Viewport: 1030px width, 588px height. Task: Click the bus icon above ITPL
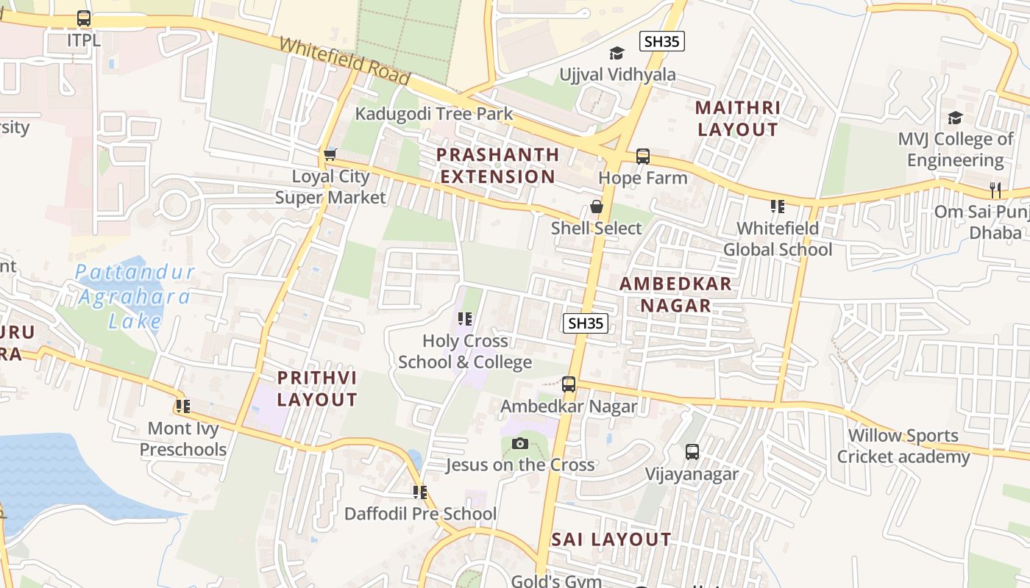(84, 18)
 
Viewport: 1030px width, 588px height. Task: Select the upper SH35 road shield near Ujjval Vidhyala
(661, 41)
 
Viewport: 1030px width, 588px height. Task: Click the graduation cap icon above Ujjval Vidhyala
(617, 53)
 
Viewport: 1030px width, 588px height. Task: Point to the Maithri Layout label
(737, 118)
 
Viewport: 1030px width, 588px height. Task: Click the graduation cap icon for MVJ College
(955, 118)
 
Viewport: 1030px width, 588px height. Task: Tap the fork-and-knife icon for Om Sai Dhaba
(995, 190)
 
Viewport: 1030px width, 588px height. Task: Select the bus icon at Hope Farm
(642, 156)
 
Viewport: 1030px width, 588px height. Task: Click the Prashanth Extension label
(498, 165)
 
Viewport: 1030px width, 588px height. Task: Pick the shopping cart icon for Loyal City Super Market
(330, 154)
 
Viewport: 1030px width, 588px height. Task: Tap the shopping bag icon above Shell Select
(596, 207)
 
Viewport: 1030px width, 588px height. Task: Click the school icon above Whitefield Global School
(777, 207)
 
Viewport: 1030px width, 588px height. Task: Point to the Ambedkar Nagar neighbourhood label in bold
(675, 294)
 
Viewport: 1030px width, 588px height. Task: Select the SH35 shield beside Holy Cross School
(586, 323)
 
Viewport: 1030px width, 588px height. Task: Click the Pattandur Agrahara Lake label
(135, 296)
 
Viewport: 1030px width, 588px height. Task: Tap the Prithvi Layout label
(317, 389)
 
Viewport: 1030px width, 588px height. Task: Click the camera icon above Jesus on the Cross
(519, 443)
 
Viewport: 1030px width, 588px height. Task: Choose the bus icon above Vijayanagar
(692, 452)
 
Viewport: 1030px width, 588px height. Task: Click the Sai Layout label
(611, 539)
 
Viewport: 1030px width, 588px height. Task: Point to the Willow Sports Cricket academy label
(903, 446)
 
